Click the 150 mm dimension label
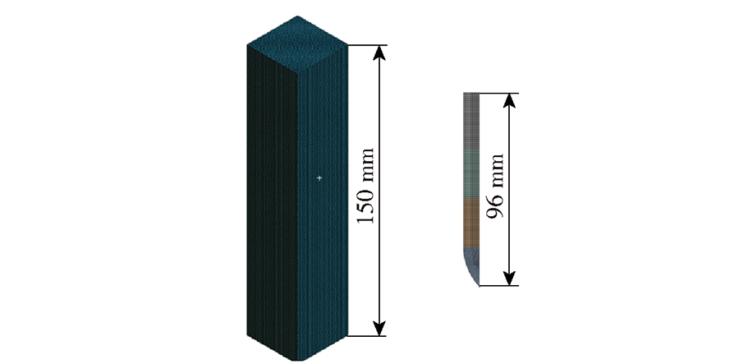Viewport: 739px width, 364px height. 366,187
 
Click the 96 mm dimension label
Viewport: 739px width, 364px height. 495,187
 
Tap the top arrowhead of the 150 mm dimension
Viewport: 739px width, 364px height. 379,53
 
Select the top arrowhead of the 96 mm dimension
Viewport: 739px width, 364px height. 509,100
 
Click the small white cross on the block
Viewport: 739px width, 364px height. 319,178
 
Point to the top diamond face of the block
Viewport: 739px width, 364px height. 297,45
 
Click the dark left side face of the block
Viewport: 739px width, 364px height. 272,203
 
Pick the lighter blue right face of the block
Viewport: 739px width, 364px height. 323,203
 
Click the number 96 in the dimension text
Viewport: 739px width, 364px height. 495,205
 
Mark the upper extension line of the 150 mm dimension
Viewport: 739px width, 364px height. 367,45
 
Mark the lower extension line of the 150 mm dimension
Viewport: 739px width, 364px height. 367,336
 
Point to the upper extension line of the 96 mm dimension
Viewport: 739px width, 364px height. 498,94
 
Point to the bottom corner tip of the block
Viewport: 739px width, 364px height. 297,361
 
